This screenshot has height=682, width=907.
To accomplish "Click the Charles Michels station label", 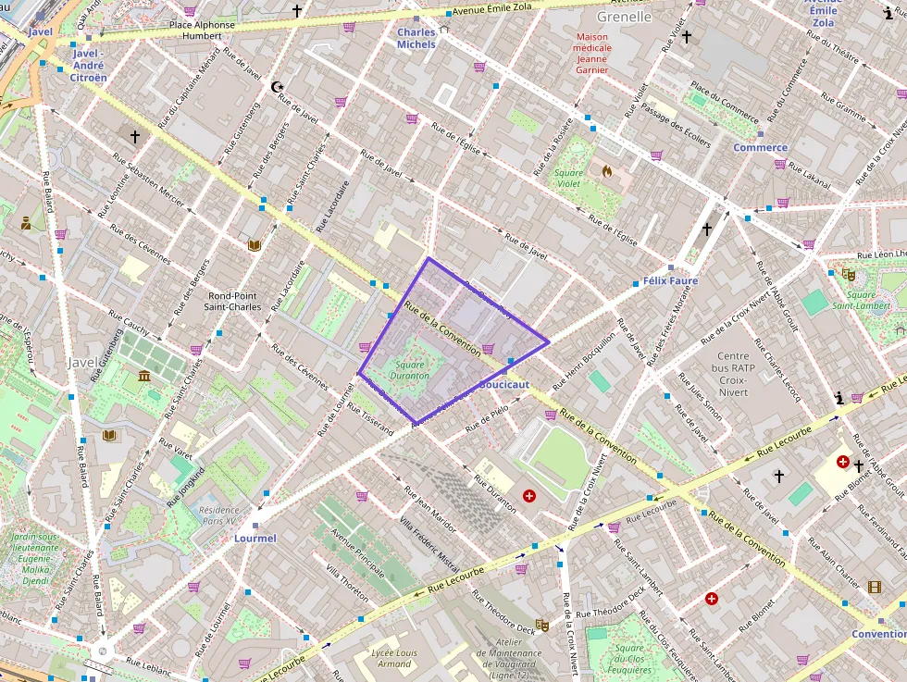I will (x=416, y=38).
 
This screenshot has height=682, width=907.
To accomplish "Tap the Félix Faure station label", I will (x=670, y=280).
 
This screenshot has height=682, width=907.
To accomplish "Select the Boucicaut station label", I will (x=503, y=384).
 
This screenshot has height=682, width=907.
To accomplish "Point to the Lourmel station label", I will (x=255, y=538).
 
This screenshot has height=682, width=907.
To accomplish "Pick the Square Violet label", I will (x=568, y=178).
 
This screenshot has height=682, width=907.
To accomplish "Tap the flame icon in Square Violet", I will (x=607, y=171).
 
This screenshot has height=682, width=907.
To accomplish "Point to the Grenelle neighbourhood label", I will (x=624, y=17).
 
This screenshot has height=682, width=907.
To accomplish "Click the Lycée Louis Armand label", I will (x=395, y=658).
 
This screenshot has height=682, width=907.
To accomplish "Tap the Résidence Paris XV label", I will (x=218, y=515).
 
